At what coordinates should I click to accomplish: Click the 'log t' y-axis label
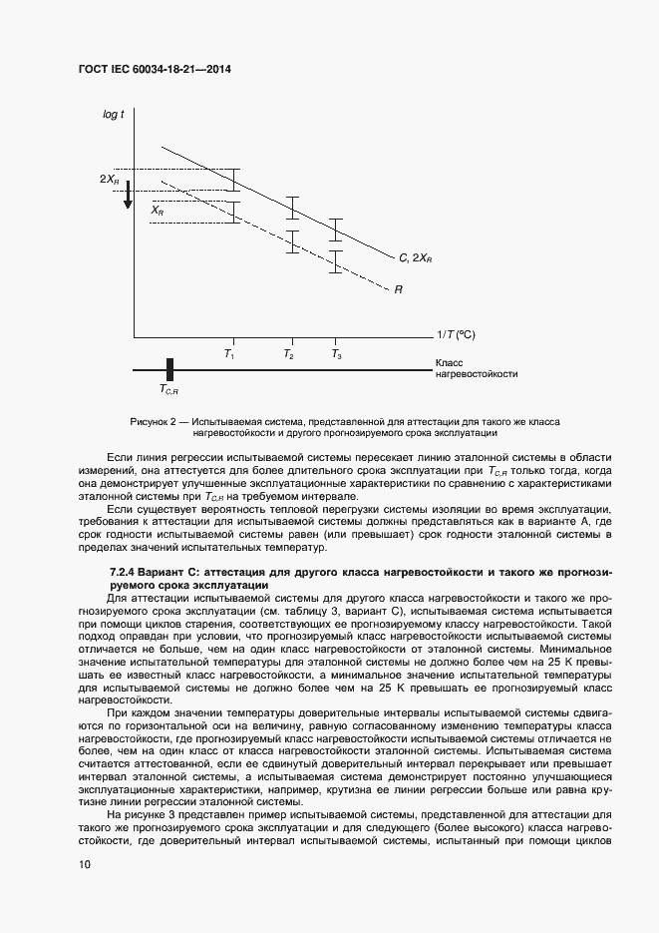coord(113,115)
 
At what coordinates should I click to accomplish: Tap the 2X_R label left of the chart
coord(109,180)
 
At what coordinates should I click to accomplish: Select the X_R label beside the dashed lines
coord(158,212)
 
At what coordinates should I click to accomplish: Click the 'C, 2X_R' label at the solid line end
coord(415,258)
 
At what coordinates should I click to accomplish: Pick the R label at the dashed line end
coord(398,290)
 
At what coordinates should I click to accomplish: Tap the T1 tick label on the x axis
coord(228,354)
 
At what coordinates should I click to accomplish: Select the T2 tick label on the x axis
coord(288,354)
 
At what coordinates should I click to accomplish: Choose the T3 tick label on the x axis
coord(336,354)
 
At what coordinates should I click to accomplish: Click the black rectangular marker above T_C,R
coord(170,369)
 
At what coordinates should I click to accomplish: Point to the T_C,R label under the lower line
coord(168,391)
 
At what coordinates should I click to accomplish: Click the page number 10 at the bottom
coord(85,865)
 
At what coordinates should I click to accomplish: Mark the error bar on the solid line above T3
coord(336,230)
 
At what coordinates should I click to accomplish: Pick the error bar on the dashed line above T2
coord(291,241)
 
